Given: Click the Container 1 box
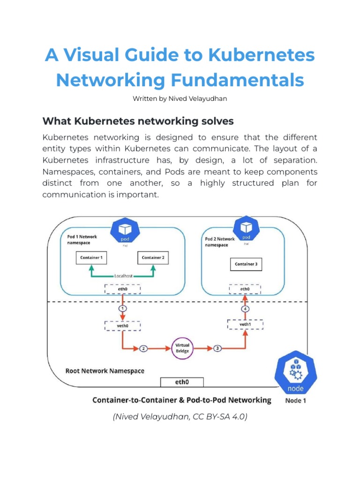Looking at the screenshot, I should coord(91,257).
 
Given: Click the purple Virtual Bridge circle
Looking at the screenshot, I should coord(182,348).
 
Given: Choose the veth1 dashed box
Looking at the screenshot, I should coord(245,324).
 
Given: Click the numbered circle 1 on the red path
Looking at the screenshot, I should coord(122,308).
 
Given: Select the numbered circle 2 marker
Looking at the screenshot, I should coord(143,348).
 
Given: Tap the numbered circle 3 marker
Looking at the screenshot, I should coord(217,348).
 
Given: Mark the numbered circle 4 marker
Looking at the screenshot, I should coord(245,308).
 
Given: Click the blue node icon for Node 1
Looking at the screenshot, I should coord(296,375).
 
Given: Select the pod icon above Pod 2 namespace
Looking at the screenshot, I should coord(246,229).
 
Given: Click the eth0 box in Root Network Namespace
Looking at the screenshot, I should coord(182,382).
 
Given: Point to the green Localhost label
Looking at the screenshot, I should coord(122,276).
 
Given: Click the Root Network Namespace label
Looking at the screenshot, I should coord(105,371).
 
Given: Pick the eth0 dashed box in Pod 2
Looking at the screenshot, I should coord(245,289).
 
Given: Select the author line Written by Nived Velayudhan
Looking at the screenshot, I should coord(180,99).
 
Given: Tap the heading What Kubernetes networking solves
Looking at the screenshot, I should coord(138,121).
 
